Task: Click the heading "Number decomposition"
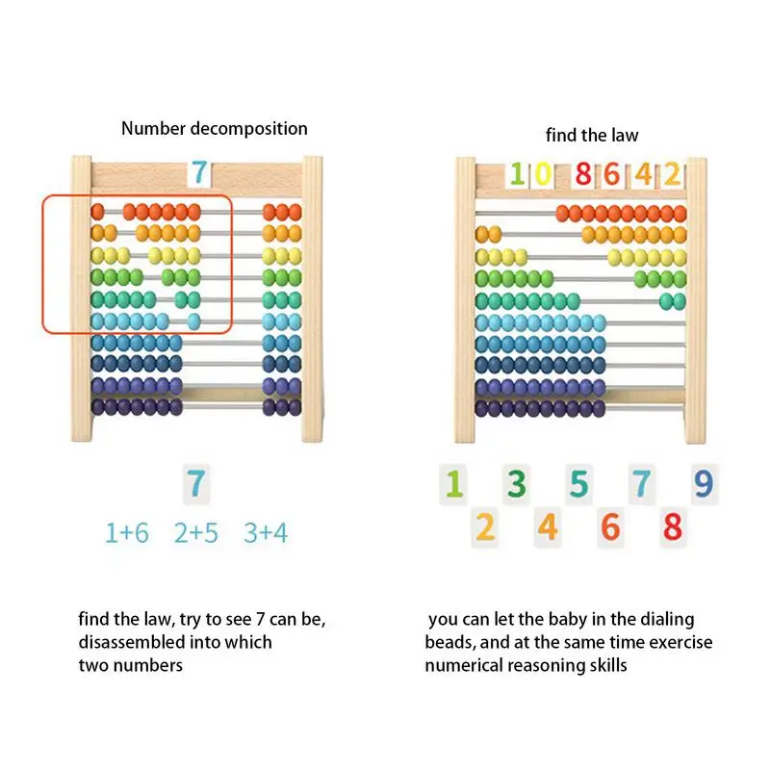click(x=214, y=128)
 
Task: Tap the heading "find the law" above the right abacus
click(x=592, y=135)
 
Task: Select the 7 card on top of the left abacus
click(x=198, y=173)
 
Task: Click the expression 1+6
click(x=127, y=532)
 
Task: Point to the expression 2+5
click(x=196, y=532)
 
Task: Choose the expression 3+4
click(x=265, y=532)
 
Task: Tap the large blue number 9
click(x=704, y=482)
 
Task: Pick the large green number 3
click(x=517, y=483)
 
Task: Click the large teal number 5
click(x=578, y=483)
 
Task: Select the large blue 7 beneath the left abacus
click(x=196, y=482)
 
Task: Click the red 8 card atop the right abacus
click(x=582, y=174)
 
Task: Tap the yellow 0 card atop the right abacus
click(x=543, y=174)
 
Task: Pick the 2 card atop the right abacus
click(x=671, y=174)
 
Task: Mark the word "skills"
click(x=606, y=665)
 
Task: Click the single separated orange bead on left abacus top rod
click(x=97, y=211)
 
